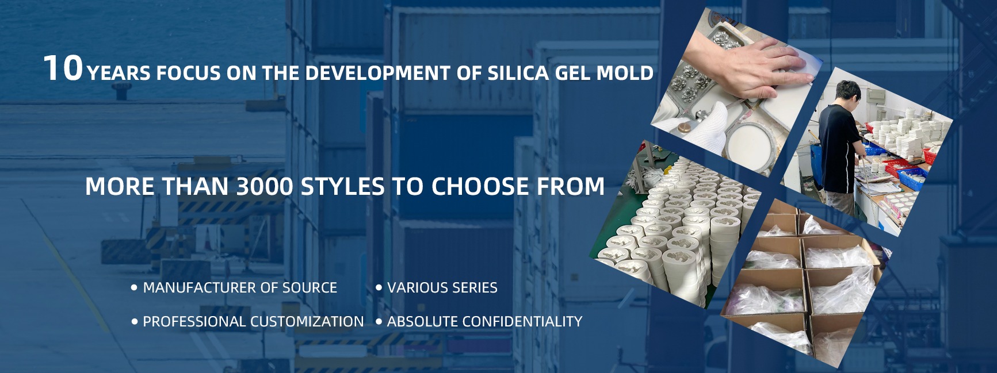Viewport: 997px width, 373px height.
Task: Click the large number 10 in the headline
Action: tap(63, 68)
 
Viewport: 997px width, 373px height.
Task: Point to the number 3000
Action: tap(265, 186)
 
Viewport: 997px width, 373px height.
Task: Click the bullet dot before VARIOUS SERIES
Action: tap(379, 287)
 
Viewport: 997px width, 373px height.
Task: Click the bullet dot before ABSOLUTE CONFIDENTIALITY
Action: tap(379, 321)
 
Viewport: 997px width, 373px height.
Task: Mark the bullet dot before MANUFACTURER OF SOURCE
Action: tap(135, 287)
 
